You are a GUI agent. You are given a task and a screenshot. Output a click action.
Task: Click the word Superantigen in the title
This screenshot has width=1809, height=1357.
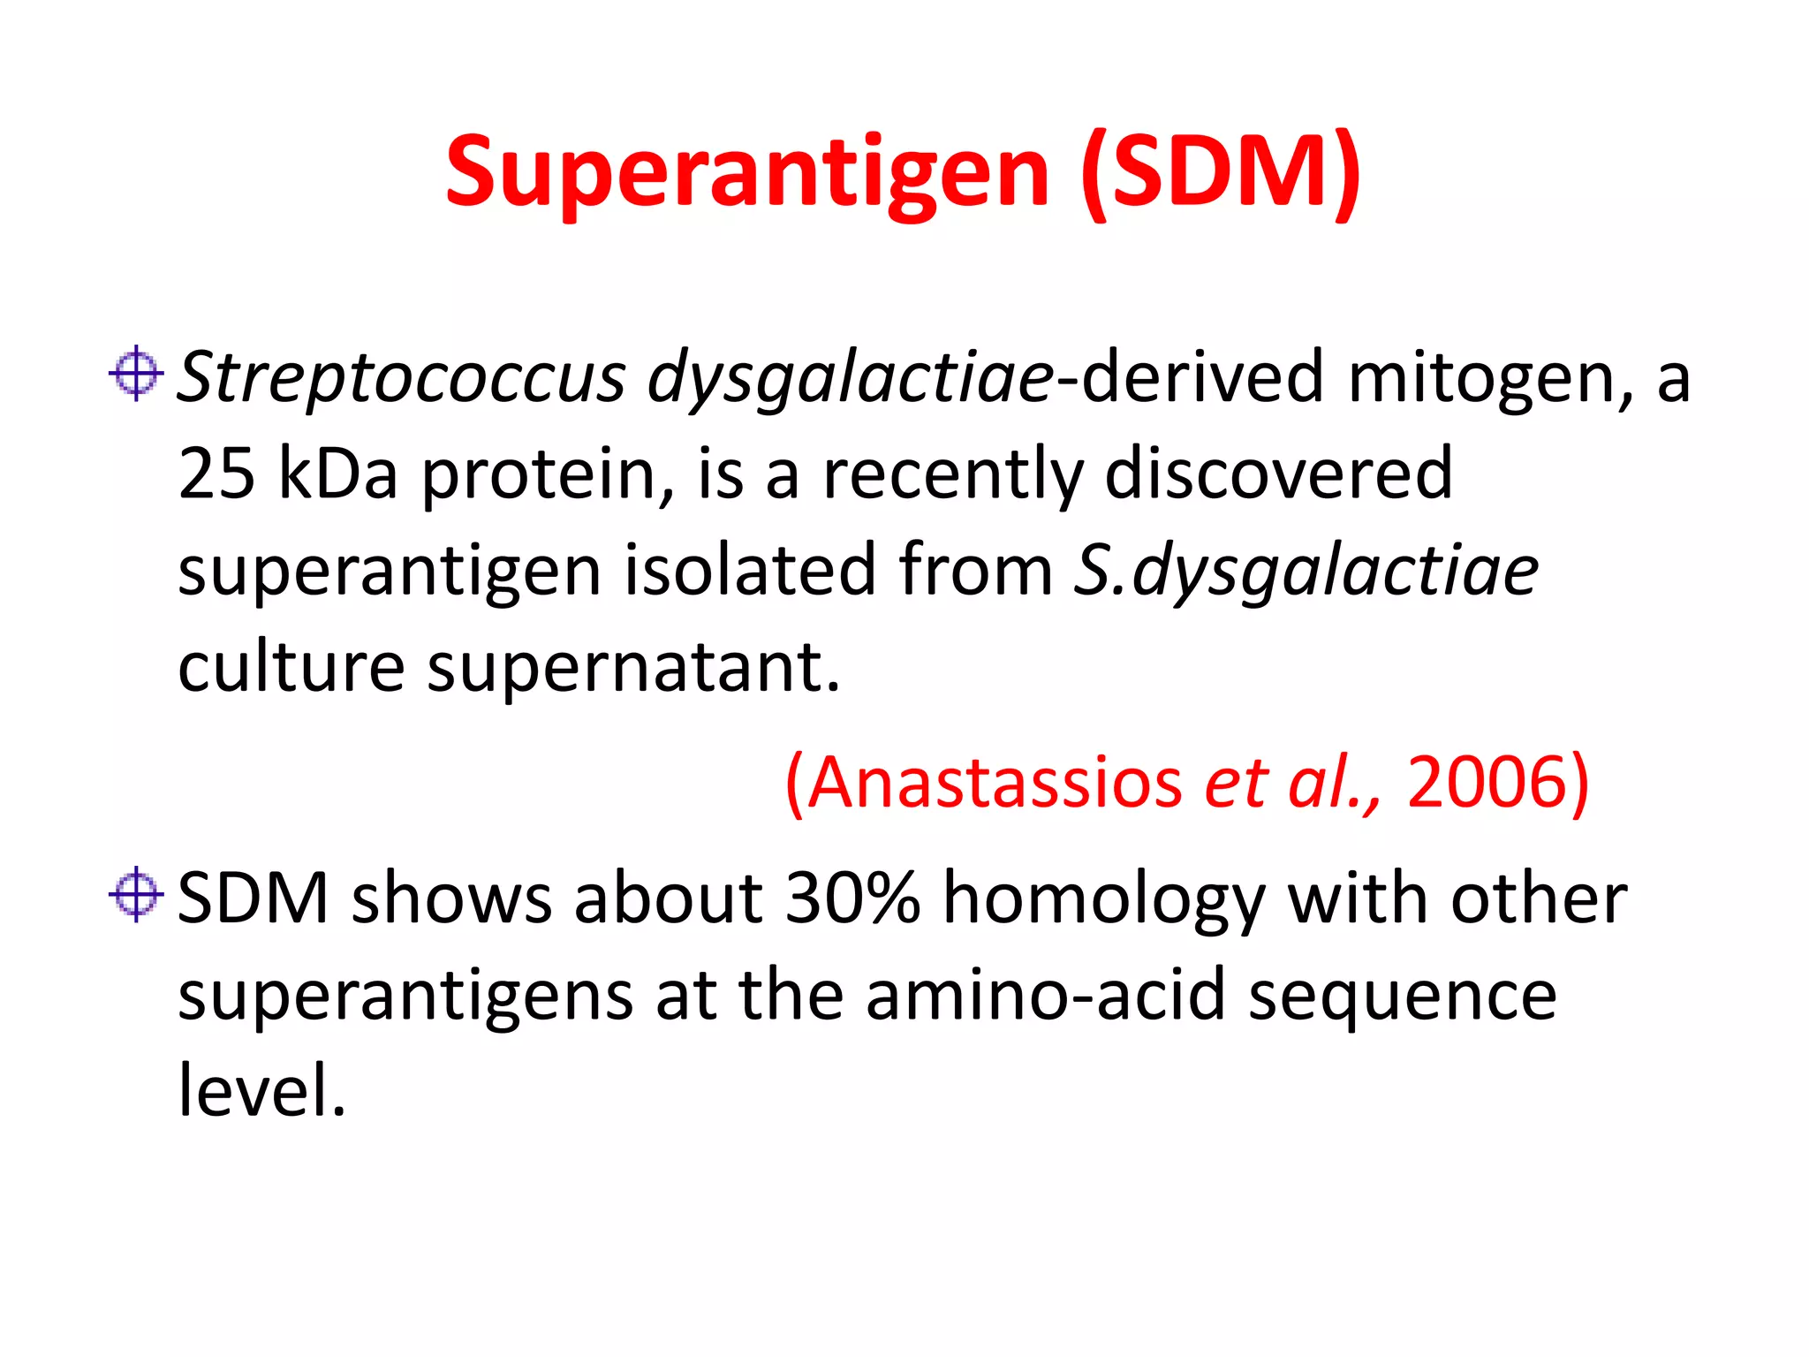click(746, 172)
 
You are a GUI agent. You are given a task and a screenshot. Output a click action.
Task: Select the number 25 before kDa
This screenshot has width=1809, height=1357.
click(216, 474)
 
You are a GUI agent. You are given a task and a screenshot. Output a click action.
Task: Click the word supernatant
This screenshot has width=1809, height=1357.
click(632, 668)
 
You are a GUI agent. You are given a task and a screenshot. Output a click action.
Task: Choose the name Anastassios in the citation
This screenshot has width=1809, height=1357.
click(994, 783)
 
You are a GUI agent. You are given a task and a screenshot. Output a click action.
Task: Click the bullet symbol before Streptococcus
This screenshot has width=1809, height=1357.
click(136, 373)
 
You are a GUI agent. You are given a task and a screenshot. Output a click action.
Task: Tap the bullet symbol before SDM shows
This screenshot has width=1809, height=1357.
click(136, 894)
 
